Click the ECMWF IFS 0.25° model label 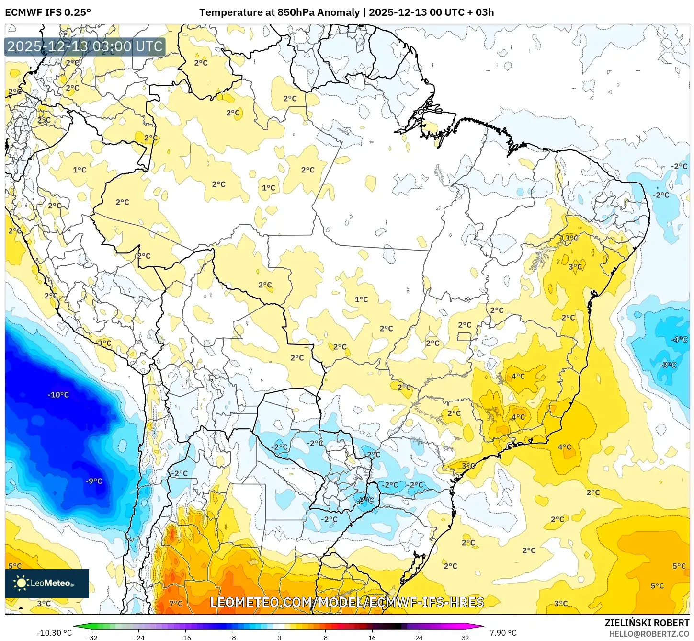(47, 12)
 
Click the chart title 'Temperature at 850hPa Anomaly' (279, 12)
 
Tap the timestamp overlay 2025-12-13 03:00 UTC (85, 46)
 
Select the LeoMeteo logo (47, 583)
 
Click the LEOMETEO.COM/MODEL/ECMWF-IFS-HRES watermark (347, 602)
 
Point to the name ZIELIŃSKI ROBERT (647, 623)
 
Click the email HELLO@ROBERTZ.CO (649, 634)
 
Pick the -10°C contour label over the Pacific (58, 395)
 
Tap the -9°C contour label (94, 481)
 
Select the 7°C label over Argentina (176, 603)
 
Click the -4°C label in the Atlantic (679, 339)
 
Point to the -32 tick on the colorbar (92, 637)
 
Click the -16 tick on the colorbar (185, 637)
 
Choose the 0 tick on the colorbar (279, 637)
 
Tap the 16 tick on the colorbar (372, 637)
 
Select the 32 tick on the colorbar (466, 637)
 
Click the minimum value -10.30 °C (54, 633)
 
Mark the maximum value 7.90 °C (503, 633)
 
